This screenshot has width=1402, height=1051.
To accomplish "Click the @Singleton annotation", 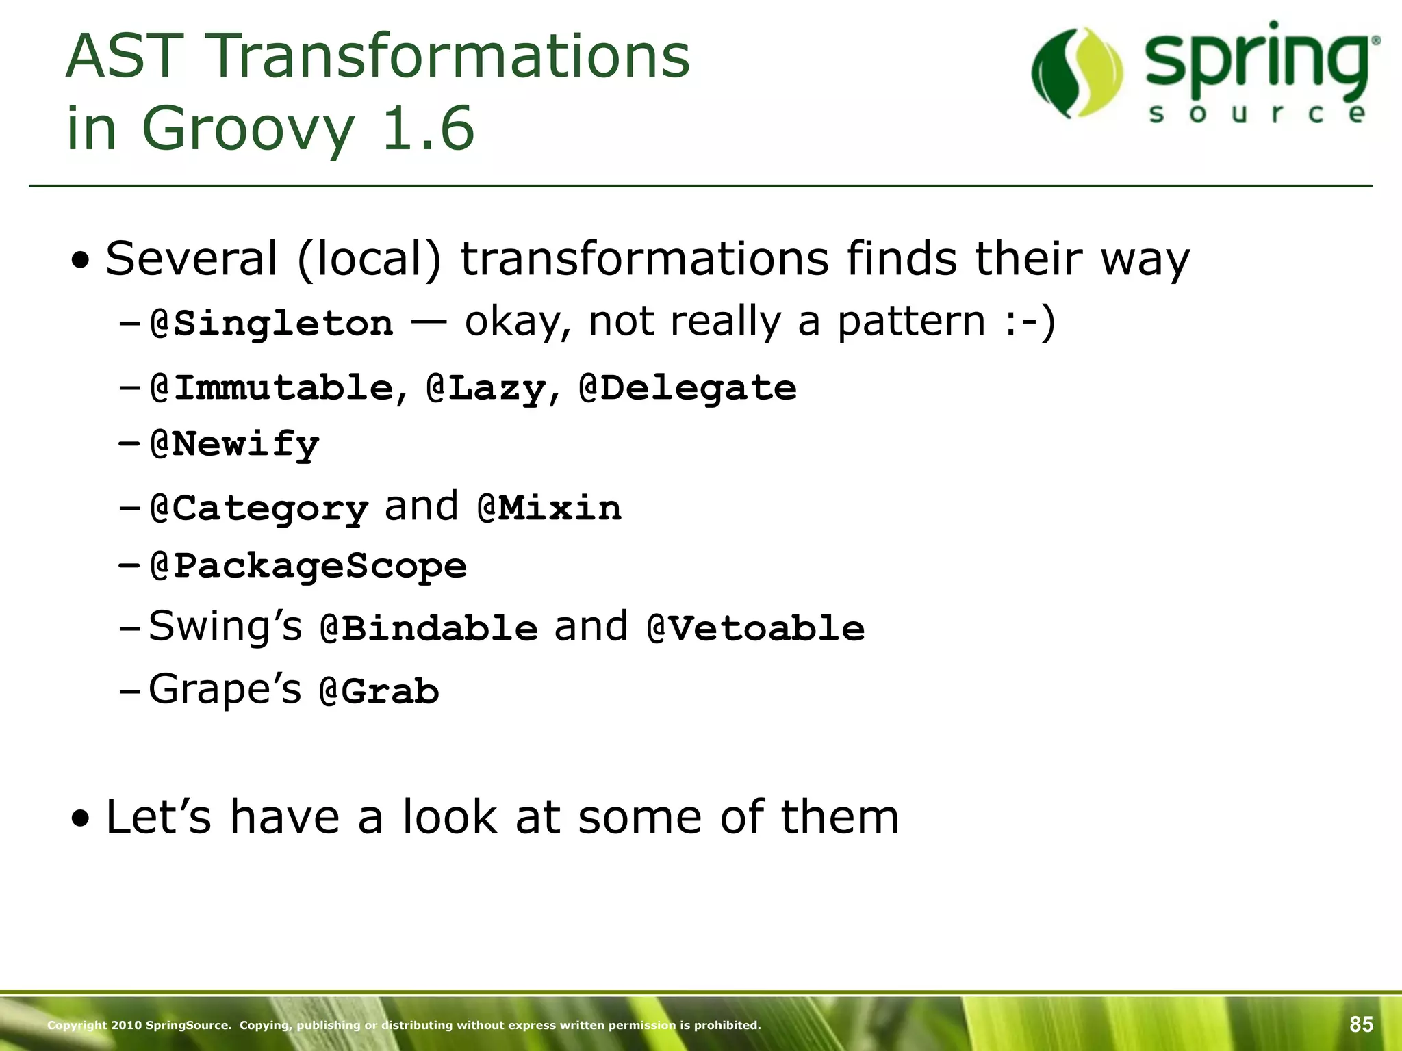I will [x=272, y=323].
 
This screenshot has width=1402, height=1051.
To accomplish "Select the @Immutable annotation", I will [x=272, y=388].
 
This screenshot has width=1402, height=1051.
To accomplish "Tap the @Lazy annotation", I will [x=485, y=388].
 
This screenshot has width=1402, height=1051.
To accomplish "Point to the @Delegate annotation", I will [x=687, y=388].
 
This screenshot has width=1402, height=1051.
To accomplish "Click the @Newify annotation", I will [x=235, y=445].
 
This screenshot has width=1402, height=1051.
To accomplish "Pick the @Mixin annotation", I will [x=549, y=508].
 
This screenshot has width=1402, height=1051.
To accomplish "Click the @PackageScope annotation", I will [x=308, y=566].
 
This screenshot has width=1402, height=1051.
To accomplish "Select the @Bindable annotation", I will [x=429, y=628].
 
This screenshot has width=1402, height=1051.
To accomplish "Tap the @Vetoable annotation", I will [x=756, y=628].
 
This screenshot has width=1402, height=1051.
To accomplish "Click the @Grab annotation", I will [x=379, y=691].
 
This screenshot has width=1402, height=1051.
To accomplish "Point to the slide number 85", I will [x=1361, y=1024].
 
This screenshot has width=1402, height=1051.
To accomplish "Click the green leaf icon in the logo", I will [x=1077, y=73].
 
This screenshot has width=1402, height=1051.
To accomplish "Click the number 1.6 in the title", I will [x=428, y=128].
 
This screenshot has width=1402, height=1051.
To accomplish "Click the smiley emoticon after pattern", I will [x=1030, y=322].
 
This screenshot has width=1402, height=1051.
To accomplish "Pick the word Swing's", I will [x=225, y=625].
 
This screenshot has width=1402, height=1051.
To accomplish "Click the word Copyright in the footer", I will [x=77, y=1025].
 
